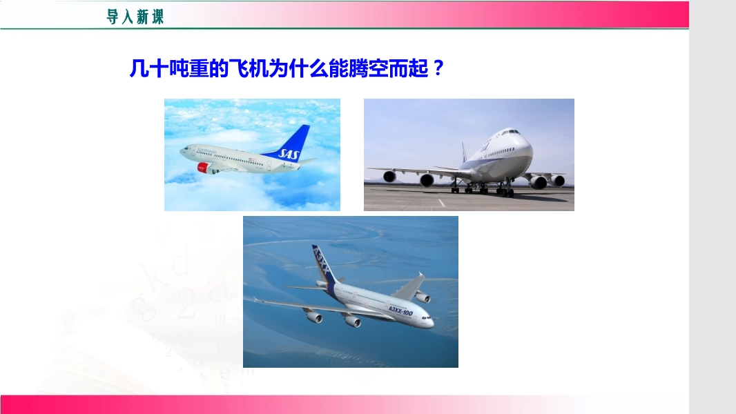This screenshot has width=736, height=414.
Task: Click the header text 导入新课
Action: tap(135, 17)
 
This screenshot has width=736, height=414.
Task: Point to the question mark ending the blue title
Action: tap(438, 68)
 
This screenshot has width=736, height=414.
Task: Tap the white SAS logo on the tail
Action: tap(288, 153)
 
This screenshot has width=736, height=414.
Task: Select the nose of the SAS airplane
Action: tap(183, 150)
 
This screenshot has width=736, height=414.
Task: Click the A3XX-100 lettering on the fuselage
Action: tap(400, 310)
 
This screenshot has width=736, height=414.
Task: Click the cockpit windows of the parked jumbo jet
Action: tap(510, 132)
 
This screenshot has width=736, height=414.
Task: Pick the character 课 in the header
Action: tap(157, 17)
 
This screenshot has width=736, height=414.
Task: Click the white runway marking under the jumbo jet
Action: tap(441, 203)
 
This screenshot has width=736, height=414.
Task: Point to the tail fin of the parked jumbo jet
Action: tap(464, 153)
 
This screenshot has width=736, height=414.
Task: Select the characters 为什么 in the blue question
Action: tap(298, 68)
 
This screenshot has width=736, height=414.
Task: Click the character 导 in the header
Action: tap(113, 17)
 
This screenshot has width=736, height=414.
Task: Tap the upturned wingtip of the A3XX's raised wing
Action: tap(420, 275)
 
